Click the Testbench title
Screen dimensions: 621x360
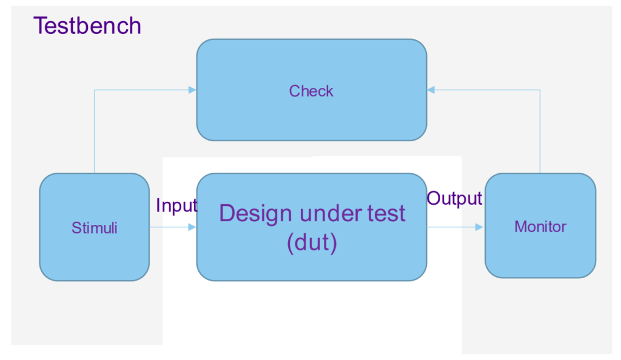[87, 25]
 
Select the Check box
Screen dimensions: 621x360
[312, 90]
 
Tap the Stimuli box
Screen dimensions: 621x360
[94, 227]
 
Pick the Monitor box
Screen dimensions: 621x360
[540, 225]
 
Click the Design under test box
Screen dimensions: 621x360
[312, 227]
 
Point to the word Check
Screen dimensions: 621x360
[311, 91]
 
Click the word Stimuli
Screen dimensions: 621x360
[94, 228]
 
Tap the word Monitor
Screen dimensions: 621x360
[540, 227]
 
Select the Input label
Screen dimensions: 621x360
[176, 205]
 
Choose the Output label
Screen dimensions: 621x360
[454, 198]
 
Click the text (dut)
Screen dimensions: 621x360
[312, 242]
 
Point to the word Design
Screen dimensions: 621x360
[256, 214]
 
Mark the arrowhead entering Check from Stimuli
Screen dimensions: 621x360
[192, 90]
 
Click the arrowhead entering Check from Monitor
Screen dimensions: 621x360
[431, 90]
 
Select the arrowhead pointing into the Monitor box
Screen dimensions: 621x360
[479, 227]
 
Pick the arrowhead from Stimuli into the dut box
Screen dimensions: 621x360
[192, 227]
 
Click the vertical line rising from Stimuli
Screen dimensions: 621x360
[94, 132]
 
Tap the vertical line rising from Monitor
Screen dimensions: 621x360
[540, 132]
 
